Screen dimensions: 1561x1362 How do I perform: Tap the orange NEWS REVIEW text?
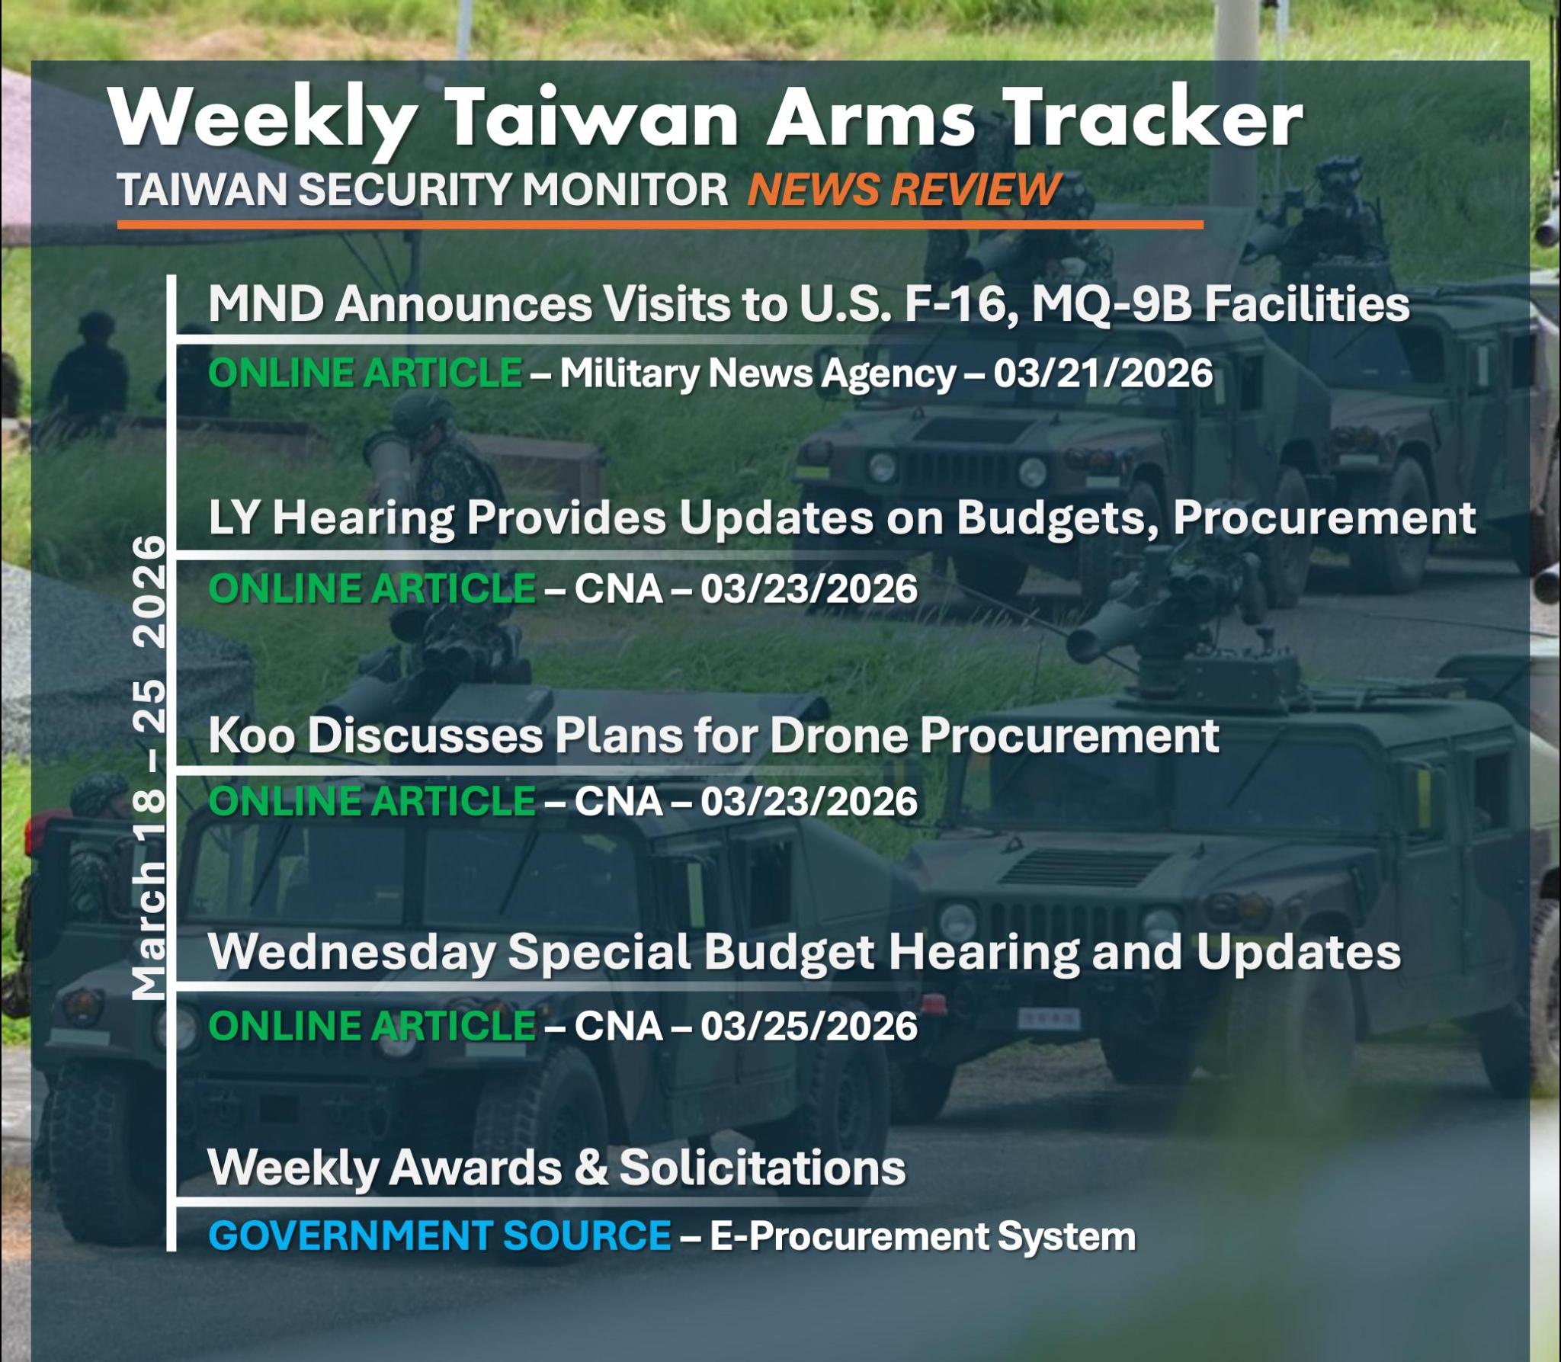coord(904,189)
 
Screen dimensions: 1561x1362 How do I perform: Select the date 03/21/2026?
coord(1102,373)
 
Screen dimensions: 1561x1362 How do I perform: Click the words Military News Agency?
coord(758,374)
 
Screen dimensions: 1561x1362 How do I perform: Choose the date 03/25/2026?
coord(809,1027)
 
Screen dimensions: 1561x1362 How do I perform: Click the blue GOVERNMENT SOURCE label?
coord(440,1235)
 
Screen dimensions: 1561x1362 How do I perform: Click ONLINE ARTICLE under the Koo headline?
coord(372,801)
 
